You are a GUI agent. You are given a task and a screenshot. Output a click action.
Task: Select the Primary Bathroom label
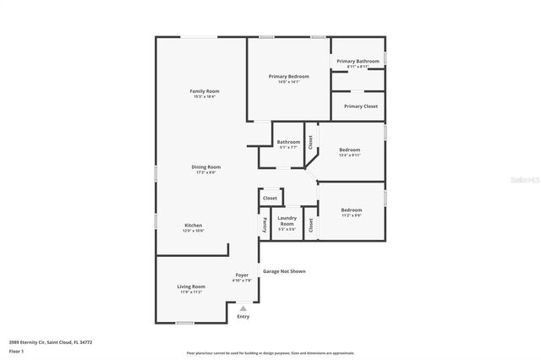coord(358,61)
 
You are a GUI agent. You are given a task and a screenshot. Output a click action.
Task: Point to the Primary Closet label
coord(361,106)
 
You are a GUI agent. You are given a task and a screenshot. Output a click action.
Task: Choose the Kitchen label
coord(194,225)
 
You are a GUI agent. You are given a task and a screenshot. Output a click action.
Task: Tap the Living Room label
coord(191,286)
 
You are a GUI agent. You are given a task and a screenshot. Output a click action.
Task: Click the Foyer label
coord(242,275)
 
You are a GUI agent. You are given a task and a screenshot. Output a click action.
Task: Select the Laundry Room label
coord(287,221)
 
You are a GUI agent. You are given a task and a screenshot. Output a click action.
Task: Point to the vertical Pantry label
coord(264,225)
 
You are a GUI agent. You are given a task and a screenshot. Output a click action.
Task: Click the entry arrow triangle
coord(243,308)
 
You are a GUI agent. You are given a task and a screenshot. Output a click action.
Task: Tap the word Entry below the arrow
coord(243,317)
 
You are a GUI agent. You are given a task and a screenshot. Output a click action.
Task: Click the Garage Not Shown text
coord(284,271)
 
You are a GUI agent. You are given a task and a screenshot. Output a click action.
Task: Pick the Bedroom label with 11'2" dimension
coord(352,210)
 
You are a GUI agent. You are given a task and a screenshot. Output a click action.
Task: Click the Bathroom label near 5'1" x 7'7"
coord(288,142)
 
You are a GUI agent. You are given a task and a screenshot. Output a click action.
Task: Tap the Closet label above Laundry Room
coord(270,198)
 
